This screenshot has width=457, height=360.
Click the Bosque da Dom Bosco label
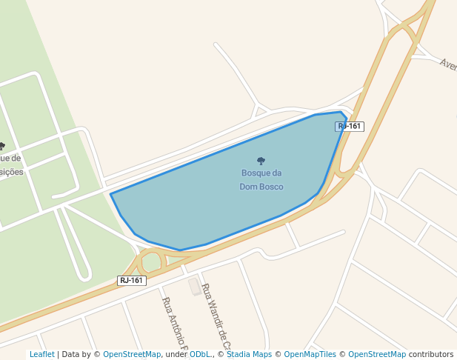click(x=261, y=180)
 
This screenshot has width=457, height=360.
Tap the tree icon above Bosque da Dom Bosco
click(x=261, y=161)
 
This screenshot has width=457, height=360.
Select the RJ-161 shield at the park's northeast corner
click(x=350, y=126)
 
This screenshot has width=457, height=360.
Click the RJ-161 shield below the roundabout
click(x=132, y=281)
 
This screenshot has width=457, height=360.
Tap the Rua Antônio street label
click(x=176, y=324)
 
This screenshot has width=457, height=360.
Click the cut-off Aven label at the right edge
click(x=448, y=64)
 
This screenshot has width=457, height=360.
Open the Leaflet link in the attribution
click(x=41, y=355)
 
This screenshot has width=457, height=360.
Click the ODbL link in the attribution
click(x=199, y=355)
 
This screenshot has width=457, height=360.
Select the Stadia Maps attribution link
click(x=249, y=355)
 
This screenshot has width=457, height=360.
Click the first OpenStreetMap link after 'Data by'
click(x=132, y=355)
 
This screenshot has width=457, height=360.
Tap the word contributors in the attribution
click(x=431, y=355)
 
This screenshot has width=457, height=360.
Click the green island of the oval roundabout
click(x=151, y=262)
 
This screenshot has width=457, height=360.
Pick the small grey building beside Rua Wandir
click(x=195, y=287)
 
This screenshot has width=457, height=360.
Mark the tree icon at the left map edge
click(x=2, y=146)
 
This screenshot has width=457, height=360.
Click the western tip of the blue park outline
click(x=111, y=194)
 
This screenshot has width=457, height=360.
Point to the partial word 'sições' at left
click(x=11, y=172)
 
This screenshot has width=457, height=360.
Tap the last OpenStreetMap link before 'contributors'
click(x=377, y=355)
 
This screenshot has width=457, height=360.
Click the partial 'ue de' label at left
click(x=10, y=158)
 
